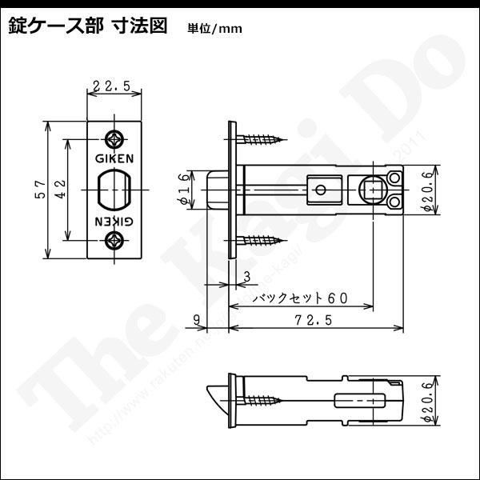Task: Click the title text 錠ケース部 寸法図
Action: (x=88, y=26)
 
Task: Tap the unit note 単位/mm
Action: (x=214, y=29)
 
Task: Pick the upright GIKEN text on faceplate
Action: (x=114, y=158)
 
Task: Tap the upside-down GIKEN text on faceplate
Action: (x=114, y=220)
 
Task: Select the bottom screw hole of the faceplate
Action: (x=114, y=239)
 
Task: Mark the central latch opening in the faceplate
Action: (x=114, y=189)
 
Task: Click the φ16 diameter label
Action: (x=183, y=190)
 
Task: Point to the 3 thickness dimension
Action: (x=245, y=276)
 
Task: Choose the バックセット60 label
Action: (x=299, y=298)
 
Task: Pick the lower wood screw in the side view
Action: (x=261, y=239)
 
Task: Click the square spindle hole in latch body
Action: (x=372, y=190)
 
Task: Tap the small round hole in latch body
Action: (x=320, y=190)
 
